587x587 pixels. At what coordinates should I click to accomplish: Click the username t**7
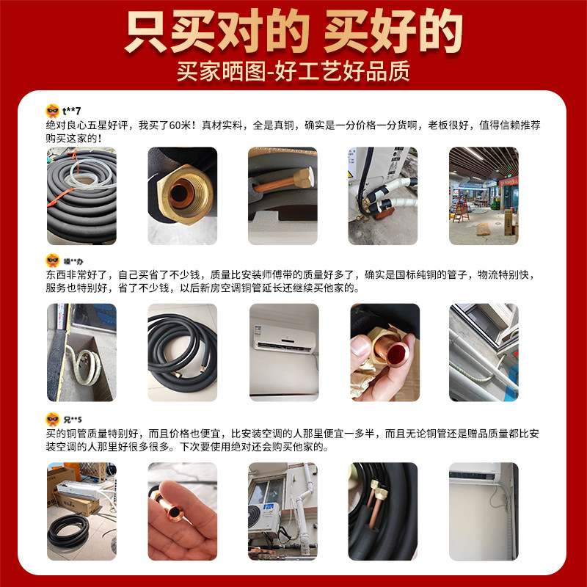[x=71, y=111]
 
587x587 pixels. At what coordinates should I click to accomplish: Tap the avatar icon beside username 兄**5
[x=52, y=419]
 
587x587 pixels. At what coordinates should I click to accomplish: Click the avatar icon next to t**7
[x=52, y=111]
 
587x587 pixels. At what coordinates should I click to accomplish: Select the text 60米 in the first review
[x=181, y=125]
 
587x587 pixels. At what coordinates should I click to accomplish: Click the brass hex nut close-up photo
[x=182, y=196]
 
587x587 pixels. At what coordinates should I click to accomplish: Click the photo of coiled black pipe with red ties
[x=81, y=196]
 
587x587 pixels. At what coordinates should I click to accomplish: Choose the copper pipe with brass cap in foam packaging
[x=283, y=184]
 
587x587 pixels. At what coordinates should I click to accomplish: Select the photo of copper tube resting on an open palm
[x=182, y=511]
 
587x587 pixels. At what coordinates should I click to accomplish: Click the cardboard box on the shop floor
[x=482, y=229]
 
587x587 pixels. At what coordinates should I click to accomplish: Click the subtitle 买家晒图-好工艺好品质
[x=293, y=71]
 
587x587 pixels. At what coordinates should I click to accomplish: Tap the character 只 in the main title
[x=147, y=32]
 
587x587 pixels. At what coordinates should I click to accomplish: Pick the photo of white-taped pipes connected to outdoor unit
[x=382, y=196]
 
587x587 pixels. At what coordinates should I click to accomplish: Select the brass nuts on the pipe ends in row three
[x=379, y=487]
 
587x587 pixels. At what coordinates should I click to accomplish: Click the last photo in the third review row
[x=484, y=511]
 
